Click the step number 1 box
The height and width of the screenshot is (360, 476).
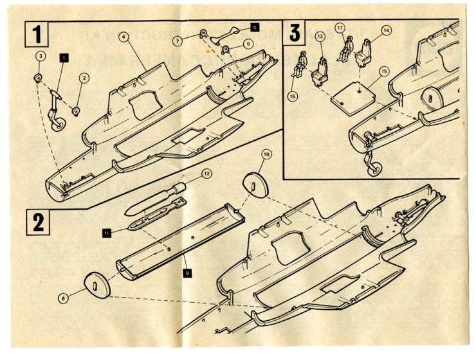[x=38, y=32]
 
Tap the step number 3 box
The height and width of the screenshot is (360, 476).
[x=296, y=32]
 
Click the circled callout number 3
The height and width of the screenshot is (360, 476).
[x=40, y=57]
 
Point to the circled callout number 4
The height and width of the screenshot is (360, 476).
[x=123, y=36]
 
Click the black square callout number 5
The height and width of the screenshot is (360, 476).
[x=254, y=28]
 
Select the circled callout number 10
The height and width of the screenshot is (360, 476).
[x=266, y=154]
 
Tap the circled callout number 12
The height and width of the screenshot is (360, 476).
[x=206, y=174]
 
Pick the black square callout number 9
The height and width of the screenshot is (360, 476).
[x=186, y=273]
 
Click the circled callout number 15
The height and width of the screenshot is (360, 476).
[x=384, y=71]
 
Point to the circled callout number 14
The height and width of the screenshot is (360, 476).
[x=385, y=30]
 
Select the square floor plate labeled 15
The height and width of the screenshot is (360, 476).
[x=353, y=96]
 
